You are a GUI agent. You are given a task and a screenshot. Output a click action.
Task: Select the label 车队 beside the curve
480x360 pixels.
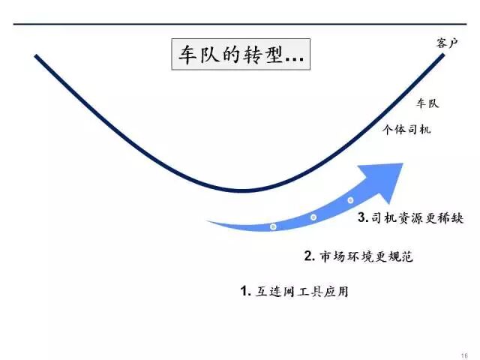click(x=427, y=103)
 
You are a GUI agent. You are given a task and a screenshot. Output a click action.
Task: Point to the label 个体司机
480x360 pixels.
click(x=406, y=129)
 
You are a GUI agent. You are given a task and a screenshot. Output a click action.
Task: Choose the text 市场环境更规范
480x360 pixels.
click(x=367, y=256)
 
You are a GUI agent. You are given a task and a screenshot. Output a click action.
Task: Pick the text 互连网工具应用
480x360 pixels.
click(x=301, y=291)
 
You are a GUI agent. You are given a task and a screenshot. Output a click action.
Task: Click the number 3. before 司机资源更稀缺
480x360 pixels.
click(x=361, y=218)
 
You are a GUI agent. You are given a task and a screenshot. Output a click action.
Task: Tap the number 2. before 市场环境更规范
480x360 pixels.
click(x=308, y=256)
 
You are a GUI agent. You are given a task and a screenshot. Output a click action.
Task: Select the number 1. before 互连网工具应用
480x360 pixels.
click(x=244, y=291)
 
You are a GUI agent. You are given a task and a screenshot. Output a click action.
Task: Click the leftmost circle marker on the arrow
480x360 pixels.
click(x=273, y=226)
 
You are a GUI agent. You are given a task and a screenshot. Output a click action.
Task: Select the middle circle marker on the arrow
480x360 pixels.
click(x=313, y=217)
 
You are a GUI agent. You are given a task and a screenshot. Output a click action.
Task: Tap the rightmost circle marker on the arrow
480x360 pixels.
click(x=350, y=200)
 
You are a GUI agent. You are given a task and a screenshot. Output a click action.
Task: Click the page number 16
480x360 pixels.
click(x=464, y=355)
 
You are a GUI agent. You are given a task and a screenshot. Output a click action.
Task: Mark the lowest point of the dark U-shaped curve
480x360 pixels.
click(x=240, y=190)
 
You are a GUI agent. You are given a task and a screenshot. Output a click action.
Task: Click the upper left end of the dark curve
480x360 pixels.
click(x=36, y=56)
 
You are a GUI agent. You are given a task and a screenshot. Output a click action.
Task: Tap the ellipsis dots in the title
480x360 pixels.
click(x=293, y=59)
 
